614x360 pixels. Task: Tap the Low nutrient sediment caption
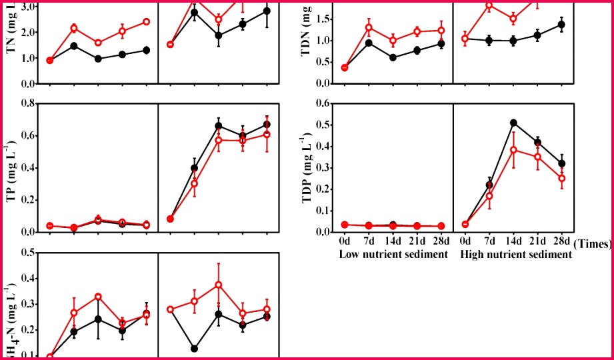click(393, 255)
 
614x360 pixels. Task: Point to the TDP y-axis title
click(309, 167)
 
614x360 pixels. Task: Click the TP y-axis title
click(11, 167)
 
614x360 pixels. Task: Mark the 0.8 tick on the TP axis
click(26, 103)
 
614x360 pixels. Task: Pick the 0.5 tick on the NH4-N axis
click(26, 253)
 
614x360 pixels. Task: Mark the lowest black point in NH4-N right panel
click(194, 349)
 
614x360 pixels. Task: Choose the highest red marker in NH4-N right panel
click(218, 285)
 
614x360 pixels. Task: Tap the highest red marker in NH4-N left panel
click(98, 297)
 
